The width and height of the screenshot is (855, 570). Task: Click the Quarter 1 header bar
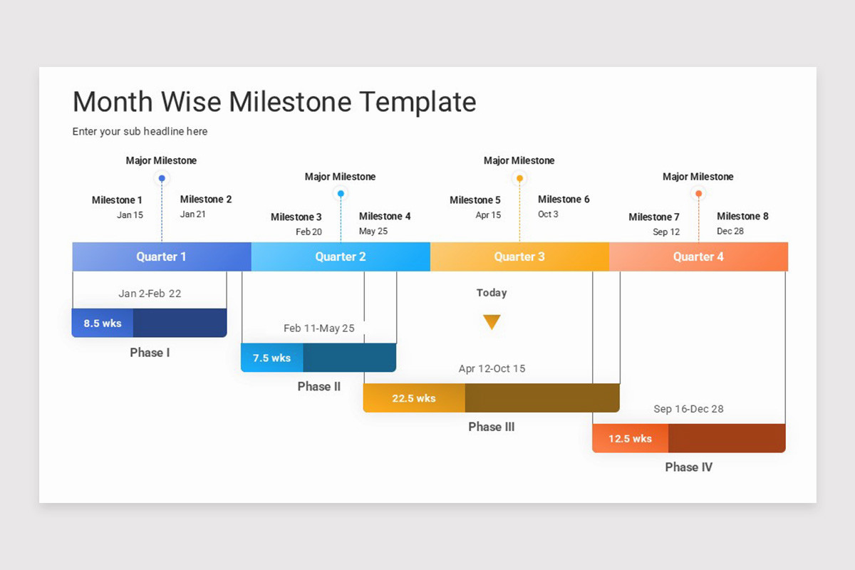162,256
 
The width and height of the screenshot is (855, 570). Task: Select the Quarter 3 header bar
519,256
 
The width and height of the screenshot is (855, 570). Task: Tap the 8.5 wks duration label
103,323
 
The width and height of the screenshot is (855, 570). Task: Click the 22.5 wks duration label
414,398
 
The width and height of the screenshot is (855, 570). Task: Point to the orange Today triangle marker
492,322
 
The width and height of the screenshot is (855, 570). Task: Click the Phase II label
319,387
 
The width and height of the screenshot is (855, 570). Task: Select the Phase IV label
688,467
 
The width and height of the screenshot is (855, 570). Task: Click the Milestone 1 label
117,200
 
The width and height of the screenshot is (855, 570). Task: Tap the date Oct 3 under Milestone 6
548,214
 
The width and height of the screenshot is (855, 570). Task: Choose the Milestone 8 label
742,217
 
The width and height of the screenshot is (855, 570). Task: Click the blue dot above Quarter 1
162,178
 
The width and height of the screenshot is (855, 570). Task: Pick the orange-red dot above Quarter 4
698,194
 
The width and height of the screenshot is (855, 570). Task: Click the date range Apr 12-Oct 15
492,369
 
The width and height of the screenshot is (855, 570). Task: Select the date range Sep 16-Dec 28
688,409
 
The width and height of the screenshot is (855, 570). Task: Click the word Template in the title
418,103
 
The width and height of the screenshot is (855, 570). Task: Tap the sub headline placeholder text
140,132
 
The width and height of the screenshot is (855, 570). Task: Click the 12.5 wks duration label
630,439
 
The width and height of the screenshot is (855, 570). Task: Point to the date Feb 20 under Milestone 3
309,232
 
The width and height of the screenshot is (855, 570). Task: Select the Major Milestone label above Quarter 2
340,177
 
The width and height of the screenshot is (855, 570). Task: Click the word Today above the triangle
492,293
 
